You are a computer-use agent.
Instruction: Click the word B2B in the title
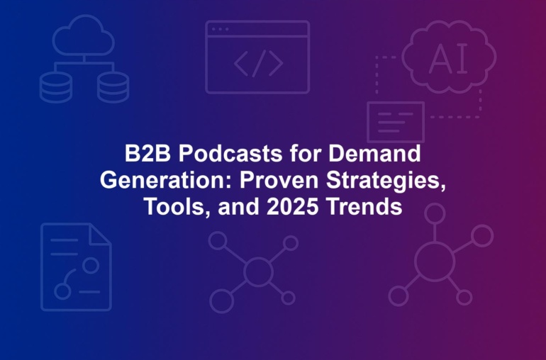(147, 153)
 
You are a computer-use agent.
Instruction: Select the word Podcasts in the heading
(230, 153)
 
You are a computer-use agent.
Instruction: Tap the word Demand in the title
(374, 153)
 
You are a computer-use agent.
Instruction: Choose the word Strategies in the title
(386, 181)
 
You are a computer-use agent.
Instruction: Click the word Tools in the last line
(177, 207)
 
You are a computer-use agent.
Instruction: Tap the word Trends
(364, 207)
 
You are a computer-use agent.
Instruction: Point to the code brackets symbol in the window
(258, 63)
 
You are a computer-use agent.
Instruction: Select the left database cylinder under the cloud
(56, 87)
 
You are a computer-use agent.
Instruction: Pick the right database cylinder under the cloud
(113, 87)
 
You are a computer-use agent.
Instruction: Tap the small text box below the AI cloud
(396, 122)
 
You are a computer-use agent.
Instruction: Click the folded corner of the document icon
(99, 234)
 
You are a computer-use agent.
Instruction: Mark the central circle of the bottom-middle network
(258, 271)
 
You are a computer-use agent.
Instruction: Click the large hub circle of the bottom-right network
(435, 261)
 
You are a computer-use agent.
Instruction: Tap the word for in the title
(305, 153)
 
